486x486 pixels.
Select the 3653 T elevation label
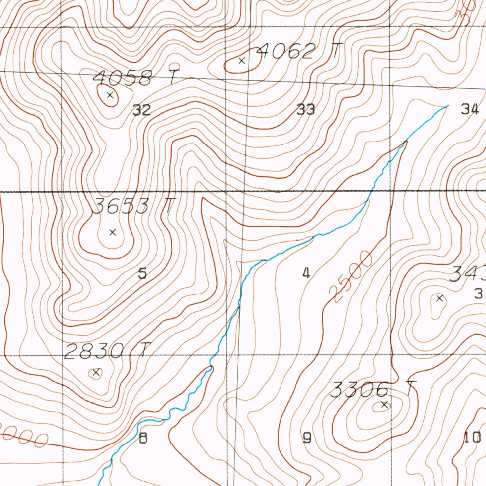(134, 206)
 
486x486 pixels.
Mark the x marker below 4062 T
(242, 61)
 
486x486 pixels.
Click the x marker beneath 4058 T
(110, 95)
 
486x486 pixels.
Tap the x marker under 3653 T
(112, 232)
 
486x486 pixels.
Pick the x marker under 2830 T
(96, 373)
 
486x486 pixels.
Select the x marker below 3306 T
(384, 405)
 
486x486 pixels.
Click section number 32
(141, 111)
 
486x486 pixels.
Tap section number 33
(306, 110)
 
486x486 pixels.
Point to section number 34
(470, 110)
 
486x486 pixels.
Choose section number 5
(142, 273)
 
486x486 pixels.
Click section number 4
(307, 273)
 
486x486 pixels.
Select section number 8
(142, 438)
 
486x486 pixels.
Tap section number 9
(307, 438)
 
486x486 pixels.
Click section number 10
(472, 438)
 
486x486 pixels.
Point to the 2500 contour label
(353, 277)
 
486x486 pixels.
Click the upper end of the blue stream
(447, 106)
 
